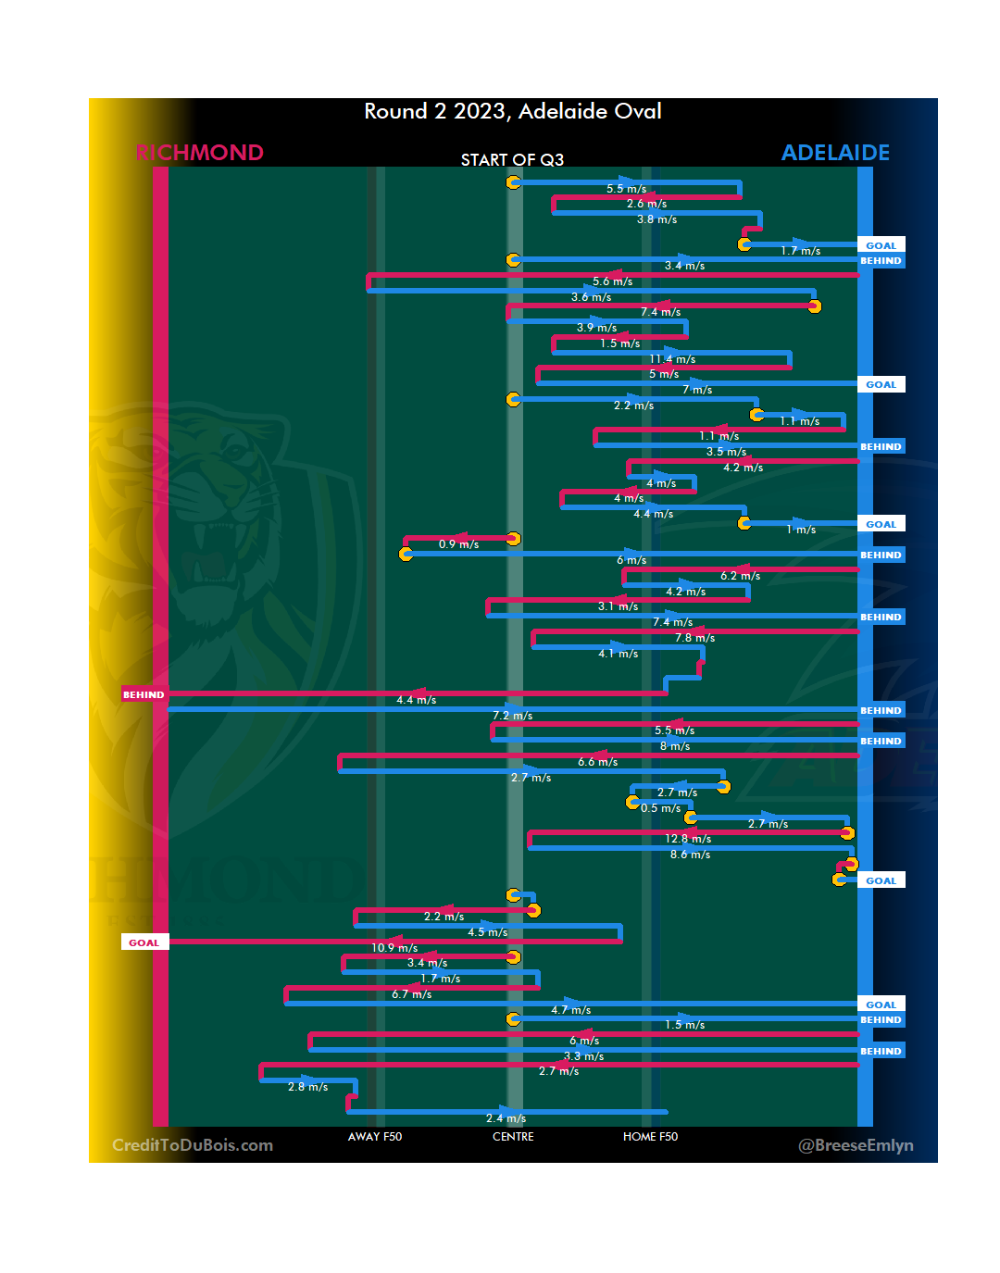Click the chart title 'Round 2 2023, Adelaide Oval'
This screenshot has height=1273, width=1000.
(x=512, y=112)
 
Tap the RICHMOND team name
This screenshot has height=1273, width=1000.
(x=199, y=153)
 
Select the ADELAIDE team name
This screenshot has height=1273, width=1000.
(x=835, y=153)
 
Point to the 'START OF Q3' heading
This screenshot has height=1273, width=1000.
(x=512, y=160)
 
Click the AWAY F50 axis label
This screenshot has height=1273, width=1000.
(x=375, y=1137)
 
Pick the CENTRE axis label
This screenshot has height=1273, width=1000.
(x=513, y=1137)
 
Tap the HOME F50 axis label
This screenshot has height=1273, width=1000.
(x=650, y=1137)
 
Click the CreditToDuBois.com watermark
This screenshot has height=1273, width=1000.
(x=193, y=1145)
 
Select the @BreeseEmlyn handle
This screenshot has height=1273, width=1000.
(x=856, y=1145)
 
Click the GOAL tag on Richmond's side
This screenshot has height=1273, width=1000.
(x=144, y=942)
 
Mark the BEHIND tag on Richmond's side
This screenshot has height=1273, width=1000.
(x=144, y=694)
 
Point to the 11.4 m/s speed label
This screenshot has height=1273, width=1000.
(x=672, y=359)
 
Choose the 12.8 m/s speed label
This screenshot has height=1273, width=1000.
(x=688, y=839)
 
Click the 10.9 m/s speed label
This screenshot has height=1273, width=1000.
(x=394, y=948)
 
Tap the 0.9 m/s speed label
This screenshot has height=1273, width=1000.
(x=458, y=544)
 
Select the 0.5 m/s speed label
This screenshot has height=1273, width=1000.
(x=660, y=808)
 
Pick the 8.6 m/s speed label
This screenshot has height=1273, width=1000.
(x=690, y=855)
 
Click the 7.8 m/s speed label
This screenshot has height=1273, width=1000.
(x=694, y=638)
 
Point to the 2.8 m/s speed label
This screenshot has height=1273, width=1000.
(x=307, y=1087)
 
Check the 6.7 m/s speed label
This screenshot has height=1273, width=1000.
(x=411, y=994)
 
